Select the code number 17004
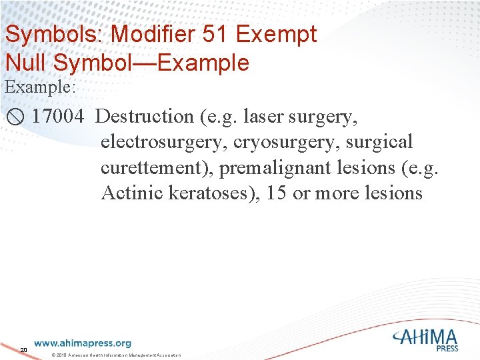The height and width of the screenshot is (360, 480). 58,117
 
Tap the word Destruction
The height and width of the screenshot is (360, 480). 144,117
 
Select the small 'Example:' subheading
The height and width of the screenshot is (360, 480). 39,87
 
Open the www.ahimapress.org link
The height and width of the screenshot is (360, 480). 83,343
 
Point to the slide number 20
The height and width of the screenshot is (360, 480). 23,350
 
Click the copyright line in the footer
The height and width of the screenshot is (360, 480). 116,356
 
